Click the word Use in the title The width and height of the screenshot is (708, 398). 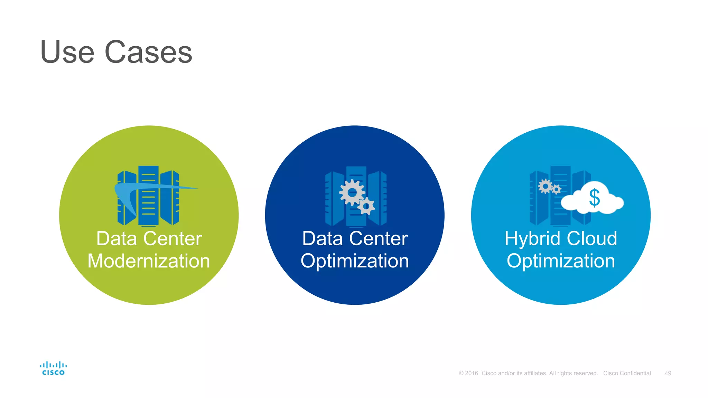coord(67,52)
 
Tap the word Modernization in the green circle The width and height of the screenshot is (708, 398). coord(149,261)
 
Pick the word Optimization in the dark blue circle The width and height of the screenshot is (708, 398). coord(355,261)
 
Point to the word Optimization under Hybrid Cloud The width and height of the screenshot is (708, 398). coord(561,261)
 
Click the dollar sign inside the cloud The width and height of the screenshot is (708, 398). coord(594,198)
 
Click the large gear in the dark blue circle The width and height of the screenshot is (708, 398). coord(352,192)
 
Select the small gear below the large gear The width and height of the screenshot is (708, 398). coord(366,207)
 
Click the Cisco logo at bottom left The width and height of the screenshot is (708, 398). coord(53,368)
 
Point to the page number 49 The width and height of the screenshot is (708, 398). coord(668,373)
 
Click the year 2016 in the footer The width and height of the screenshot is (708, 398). coord(471,373)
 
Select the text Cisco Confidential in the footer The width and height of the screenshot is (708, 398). coord(627,373)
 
